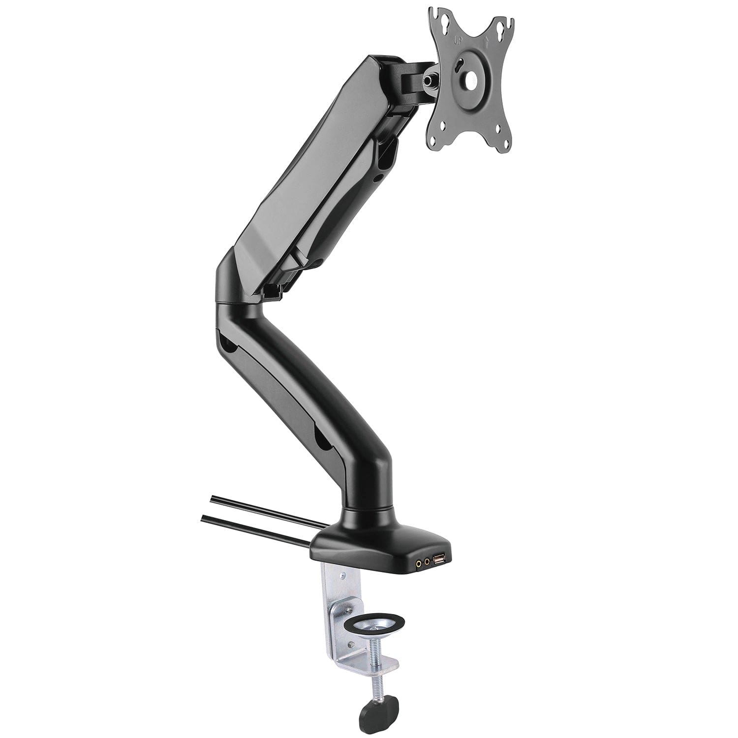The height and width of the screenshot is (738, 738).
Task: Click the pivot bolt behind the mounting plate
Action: [x=433, y=79]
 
